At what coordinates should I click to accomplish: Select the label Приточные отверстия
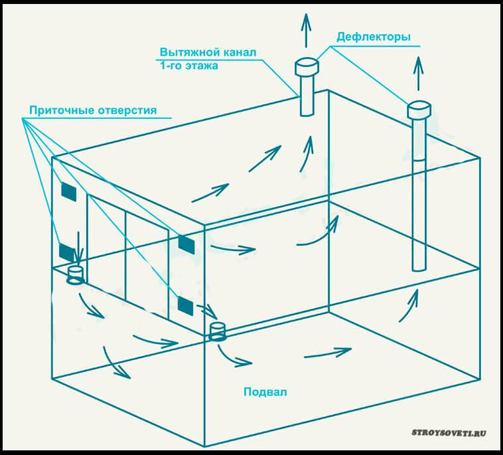coord(92,110)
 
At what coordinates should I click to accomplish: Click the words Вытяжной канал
coord(208,52)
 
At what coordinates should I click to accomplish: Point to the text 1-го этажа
coord(188,66)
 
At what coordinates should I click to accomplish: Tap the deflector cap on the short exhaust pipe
coord(307,66)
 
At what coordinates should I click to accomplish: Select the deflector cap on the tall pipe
coord(419,108)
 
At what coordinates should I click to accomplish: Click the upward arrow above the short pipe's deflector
coord(306,30)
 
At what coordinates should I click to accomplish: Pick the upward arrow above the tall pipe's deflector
coord(418,73)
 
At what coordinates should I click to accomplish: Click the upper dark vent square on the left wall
coord(69,191)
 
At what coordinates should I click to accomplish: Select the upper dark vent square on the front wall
coord(186,244)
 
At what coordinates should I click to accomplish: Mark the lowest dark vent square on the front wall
coord(186,306)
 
